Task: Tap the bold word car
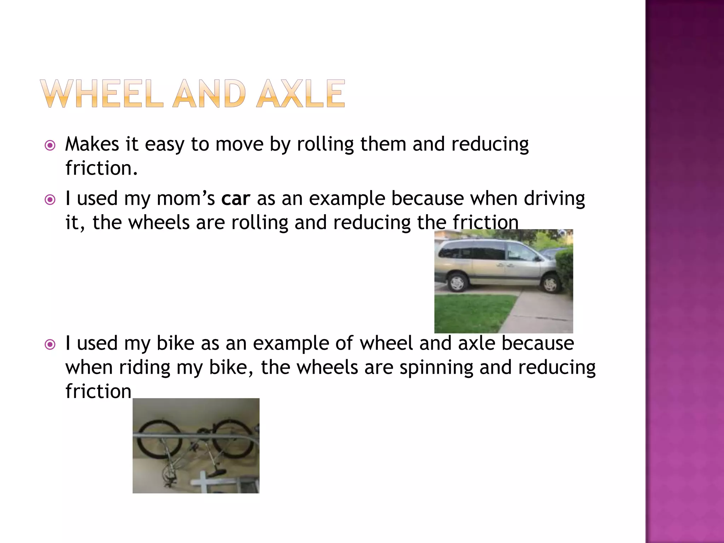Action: coord(236,198)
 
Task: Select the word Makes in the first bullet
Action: coord(92,144)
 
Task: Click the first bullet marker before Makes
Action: coord(50,145)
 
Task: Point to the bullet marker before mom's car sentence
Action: coord(50,200)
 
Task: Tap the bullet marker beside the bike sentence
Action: coord(50,344)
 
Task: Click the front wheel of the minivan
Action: coord(550,284)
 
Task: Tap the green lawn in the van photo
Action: coord(470,313)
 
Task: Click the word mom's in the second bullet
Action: coord(186,198)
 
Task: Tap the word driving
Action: coord(554,198)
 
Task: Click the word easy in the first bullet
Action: coord(164,144)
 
